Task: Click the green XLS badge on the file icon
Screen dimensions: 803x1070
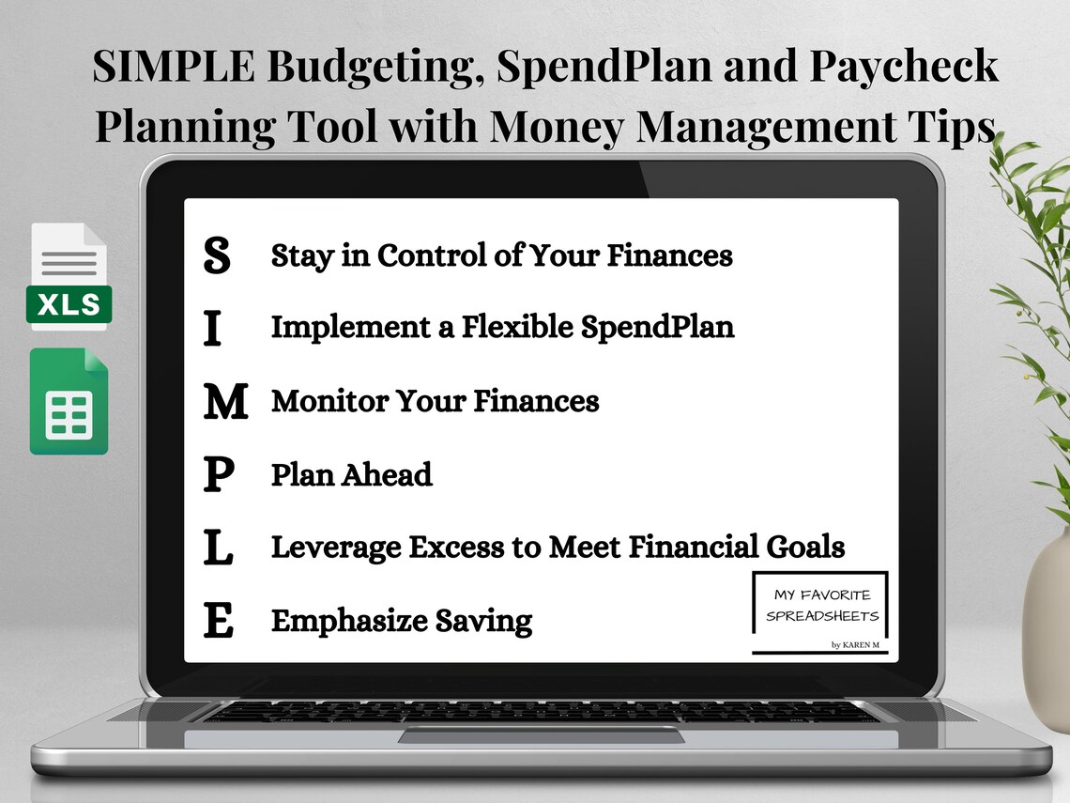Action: [69, 304]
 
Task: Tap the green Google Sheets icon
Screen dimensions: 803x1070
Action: [69, 402]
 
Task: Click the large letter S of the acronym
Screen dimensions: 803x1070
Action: [217, 255]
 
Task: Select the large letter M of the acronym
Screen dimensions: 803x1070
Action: [225, 402]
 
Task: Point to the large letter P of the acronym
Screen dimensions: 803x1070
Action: [218, 475]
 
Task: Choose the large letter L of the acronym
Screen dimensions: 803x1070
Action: [218, 548]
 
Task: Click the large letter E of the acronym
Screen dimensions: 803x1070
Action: [218, 622]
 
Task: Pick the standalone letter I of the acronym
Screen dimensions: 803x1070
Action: [213, 329]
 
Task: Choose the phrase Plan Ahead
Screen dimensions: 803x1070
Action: [352, 474]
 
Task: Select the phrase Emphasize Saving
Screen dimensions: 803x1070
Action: [402, 621]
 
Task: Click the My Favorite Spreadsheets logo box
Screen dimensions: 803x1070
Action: [821, 610]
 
